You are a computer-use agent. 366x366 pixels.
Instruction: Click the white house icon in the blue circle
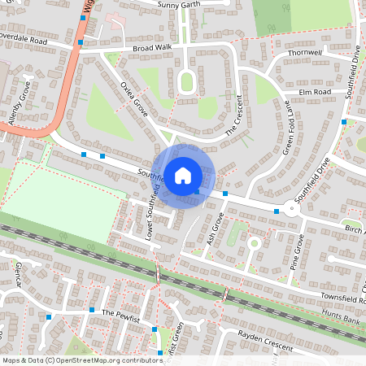point(183,175)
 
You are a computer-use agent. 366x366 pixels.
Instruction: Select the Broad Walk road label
point(152,49)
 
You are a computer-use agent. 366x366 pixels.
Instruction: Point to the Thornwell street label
point(305,53)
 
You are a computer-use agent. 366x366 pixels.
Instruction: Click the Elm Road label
point(316,92)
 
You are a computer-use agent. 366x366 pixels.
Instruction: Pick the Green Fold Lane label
point(286,128)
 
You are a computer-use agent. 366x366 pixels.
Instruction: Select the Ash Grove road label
point(216,229)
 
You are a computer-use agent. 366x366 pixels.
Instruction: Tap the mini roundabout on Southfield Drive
point(293,208)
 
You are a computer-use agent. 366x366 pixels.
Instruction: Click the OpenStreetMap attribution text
point(82,359)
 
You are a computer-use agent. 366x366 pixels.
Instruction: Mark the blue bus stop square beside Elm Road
point(344,122)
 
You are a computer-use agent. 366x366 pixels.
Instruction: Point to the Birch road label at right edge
point(355,230)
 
